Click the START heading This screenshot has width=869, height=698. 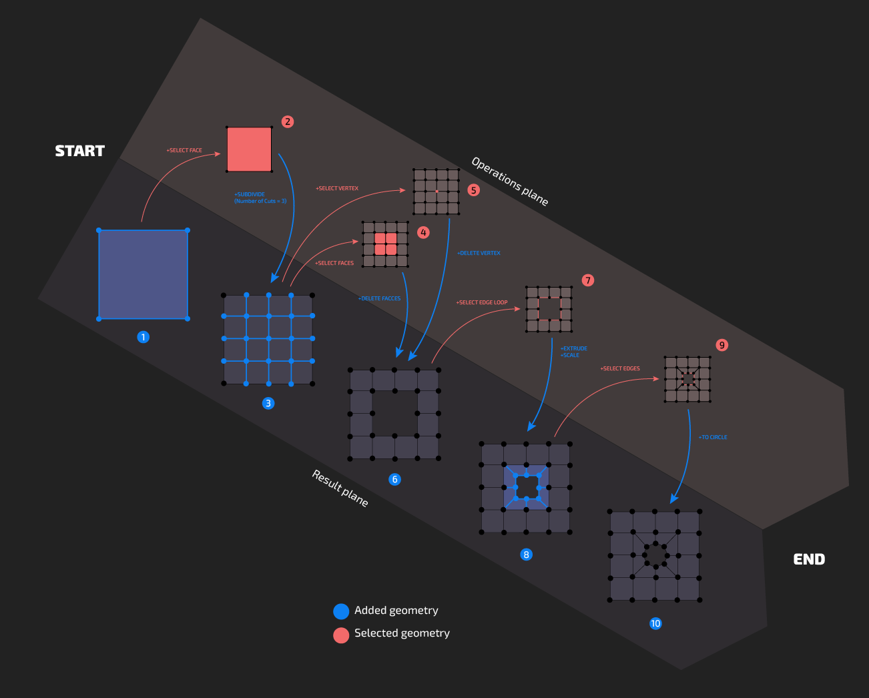click(80, 151)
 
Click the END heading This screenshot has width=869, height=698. click(809, 559)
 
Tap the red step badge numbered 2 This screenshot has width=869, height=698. click(288, 121)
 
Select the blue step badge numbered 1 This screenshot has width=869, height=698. click(143, 337)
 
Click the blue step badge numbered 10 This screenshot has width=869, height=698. click(655, 623)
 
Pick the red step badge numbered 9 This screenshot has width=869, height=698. click(721, 345)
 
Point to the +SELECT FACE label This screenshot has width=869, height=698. click(184, 151)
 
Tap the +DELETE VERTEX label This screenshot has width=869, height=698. click(479, 254)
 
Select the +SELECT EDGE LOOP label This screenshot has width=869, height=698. click(482, 302)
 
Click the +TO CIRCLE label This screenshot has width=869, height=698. click(713, 437)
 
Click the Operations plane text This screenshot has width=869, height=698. click(510, 182)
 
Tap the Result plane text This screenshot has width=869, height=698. click(340, 488)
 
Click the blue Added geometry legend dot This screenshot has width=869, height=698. click(341, 611)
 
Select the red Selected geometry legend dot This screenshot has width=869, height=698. click(341, 635)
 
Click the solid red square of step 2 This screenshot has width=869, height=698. click(249, 149)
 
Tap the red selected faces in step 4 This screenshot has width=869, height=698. click(385, 244)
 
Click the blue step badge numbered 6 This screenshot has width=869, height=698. click(395, 479)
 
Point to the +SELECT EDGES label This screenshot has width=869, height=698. click(620, 368)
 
